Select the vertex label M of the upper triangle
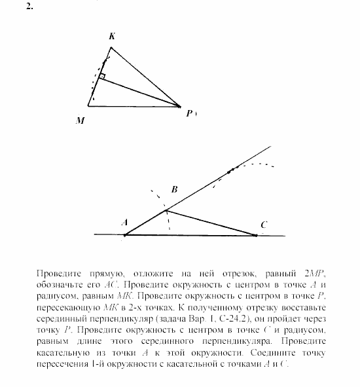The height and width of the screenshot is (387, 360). pos(80,120)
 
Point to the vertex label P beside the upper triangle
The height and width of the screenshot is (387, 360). pos(189,113)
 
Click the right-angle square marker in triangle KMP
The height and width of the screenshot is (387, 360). pos(101,77)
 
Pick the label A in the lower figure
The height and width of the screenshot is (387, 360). pos(124,222)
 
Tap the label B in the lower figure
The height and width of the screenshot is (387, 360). pos(174,190)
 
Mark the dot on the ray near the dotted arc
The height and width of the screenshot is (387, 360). pos(230,172)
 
